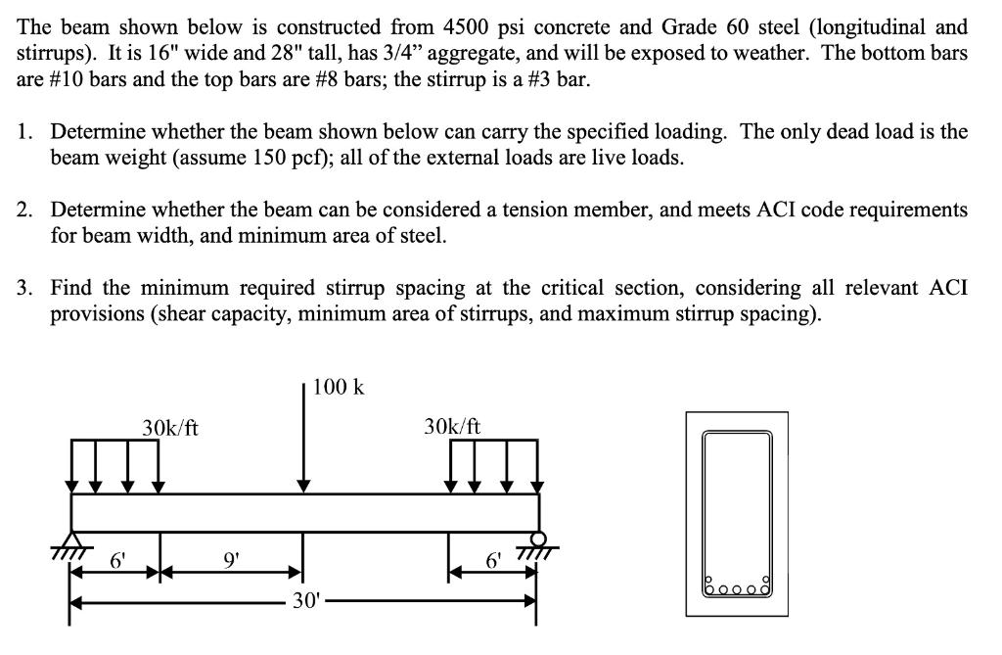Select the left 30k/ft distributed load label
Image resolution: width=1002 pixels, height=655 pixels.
pos(170,427)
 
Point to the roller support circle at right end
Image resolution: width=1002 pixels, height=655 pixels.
pos(537,538)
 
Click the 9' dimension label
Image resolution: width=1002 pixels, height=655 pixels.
pos(231,561)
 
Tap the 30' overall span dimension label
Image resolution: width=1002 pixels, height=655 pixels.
pos(304,599)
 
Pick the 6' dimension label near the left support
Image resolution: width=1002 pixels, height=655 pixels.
pos(117,561)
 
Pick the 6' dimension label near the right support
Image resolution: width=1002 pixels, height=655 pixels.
pos(494,561)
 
